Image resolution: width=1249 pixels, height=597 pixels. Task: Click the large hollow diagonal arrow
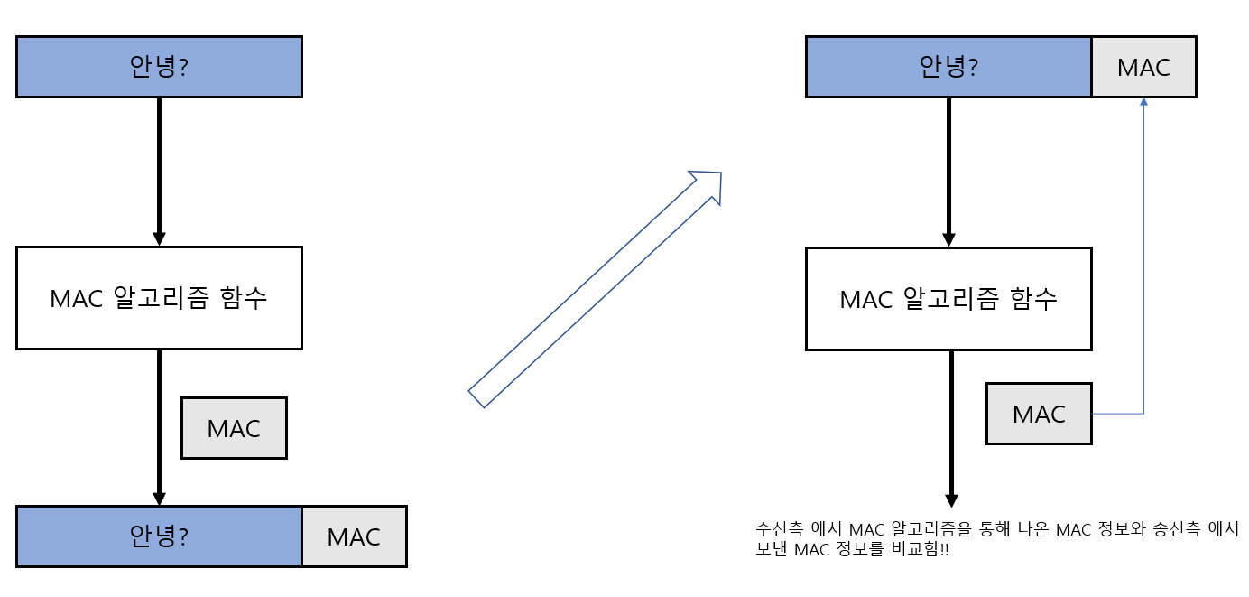tap(596, 288)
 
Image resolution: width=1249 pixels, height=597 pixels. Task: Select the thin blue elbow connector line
tap(1143, 271)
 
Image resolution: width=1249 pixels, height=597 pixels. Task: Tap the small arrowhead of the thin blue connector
tap(1143, 103)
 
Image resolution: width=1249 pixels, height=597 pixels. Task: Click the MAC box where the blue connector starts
tap(1039, 414)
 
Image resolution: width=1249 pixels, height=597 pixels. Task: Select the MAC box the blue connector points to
tap(1143, 67)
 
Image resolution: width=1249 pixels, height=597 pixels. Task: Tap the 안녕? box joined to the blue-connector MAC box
tap(948, 67)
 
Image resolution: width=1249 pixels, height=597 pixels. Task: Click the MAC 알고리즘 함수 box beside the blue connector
tap(948, 299)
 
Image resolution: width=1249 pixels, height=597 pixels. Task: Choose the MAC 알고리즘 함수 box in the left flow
tap(159, 298)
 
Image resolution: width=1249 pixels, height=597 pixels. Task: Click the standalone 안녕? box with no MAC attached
tap(159, 67)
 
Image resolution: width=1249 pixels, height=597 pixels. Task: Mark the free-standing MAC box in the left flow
tap(234, 428)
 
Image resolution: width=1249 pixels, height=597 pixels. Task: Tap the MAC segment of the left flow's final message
tap(354, 536)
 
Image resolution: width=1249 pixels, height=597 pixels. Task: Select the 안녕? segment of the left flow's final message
tap(159, 536)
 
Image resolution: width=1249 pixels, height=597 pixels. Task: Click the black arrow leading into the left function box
tap(159, 172)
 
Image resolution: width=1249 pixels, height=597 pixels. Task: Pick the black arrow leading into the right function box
tap(948, 172)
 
